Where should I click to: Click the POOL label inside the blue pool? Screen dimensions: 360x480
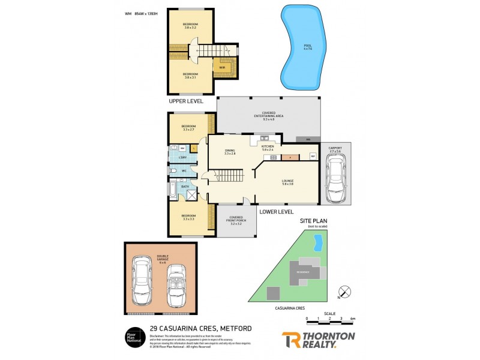(x=308, y=47)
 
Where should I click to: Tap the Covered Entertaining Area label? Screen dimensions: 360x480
(x=268, y=117)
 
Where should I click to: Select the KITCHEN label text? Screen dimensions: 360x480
(x=268, y=148)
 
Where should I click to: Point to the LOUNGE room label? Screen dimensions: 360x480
(x=287, y=182)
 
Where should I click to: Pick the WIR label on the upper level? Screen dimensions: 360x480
(x=221, y=67)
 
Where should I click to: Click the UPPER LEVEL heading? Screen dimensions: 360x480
(x=185, y=101)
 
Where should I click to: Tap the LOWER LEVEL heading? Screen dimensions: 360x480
(x=276, y=211)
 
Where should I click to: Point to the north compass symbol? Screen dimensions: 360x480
(x=344, y=292)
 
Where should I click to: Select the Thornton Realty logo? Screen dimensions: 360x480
(x=318, y=340)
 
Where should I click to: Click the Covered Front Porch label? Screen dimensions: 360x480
(x=236, y=221)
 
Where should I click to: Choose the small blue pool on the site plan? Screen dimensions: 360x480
(x=319, y=243)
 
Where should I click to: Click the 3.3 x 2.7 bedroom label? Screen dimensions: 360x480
(x=189, y=128)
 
